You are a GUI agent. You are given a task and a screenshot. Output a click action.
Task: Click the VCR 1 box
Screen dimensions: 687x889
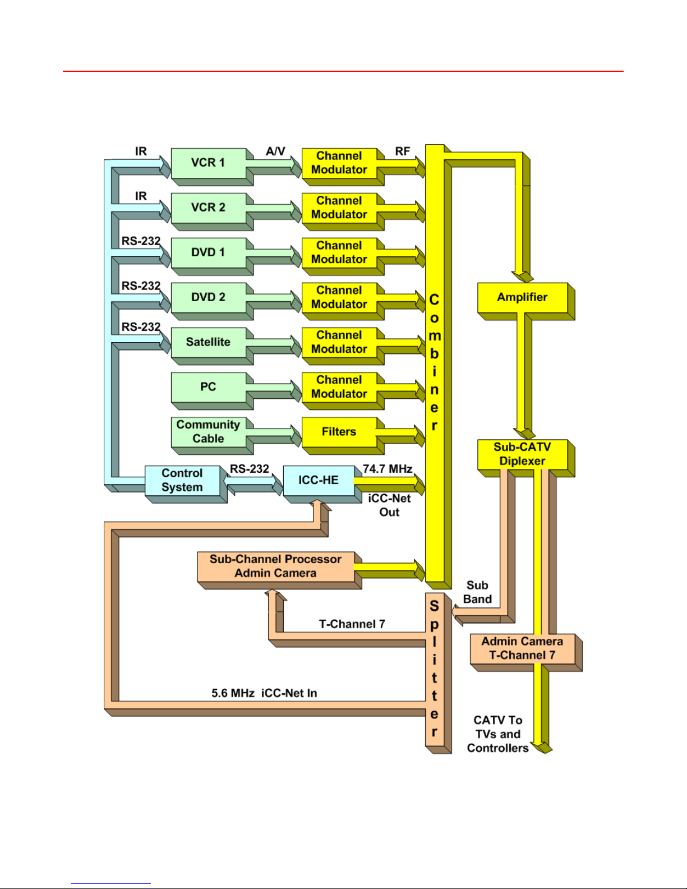pos(209,163)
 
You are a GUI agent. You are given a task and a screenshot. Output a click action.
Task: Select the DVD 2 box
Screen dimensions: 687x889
pos(209,297)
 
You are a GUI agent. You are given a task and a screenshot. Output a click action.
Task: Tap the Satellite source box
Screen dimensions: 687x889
pos(209,342)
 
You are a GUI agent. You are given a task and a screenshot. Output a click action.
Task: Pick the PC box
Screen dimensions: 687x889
pos(209,387)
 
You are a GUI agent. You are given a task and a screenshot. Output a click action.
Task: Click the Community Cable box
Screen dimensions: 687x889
pos(209,432)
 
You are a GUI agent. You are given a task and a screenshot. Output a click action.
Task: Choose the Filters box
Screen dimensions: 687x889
pos(339,432)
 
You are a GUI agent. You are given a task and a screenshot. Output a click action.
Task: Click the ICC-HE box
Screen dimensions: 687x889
pos(319,480)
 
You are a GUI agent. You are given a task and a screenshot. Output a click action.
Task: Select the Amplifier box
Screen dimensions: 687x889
pos(523,297)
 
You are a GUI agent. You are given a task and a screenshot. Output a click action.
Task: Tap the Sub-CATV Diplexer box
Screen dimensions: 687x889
pos(523,454)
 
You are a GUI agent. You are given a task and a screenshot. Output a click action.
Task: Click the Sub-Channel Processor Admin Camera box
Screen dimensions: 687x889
pos(275,566)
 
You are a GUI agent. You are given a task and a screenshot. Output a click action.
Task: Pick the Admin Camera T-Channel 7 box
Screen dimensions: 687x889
pos(523,648)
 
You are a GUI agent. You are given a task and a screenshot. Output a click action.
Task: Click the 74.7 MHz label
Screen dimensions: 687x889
pos(388,469)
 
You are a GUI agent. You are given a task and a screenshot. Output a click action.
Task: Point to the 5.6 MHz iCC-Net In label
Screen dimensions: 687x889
pos(264,693)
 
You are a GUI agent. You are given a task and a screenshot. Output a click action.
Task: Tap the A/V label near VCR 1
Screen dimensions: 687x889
pos(275,151)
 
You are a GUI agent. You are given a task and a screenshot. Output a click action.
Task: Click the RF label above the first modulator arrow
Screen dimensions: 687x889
pos(403,151)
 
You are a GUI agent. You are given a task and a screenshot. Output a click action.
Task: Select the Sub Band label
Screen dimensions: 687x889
pos(477,592)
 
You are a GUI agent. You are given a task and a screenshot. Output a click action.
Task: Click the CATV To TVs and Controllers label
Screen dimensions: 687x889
pos(497,734)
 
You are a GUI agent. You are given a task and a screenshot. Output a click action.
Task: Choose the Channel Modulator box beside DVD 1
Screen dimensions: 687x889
pos(339,252)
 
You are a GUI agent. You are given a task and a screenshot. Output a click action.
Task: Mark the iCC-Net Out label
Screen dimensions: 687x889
pos(389,505)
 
